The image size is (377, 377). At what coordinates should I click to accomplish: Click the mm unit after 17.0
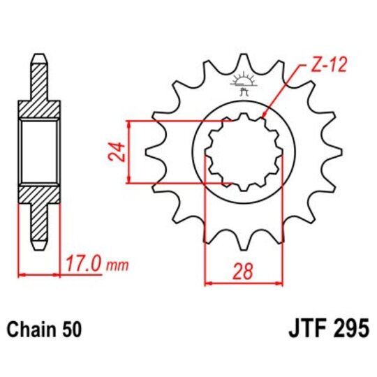tap(119, 266)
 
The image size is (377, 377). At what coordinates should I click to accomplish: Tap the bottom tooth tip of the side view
tap(40, 246)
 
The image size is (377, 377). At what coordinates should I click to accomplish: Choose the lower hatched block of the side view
tap(40, 199)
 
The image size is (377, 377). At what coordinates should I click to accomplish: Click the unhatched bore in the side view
tap(40, 152)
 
